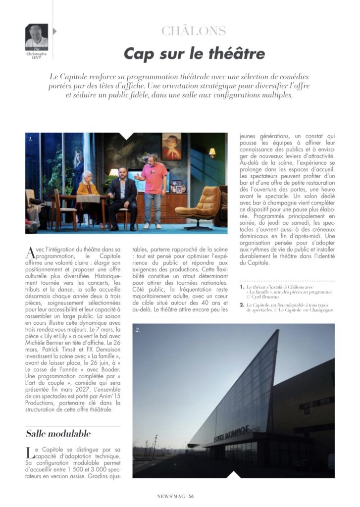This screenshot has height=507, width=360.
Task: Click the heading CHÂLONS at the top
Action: [193, 31]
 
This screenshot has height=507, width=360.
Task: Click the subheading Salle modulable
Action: [58, 434]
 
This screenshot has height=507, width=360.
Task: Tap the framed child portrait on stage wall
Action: [171, 147]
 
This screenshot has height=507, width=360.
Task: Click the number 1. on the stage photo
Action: [31, 140]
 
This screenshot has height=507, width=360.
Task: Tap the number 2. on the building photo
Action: [138, 329]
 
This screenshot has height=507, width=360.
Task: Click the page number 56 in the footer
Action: [191, 498]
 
